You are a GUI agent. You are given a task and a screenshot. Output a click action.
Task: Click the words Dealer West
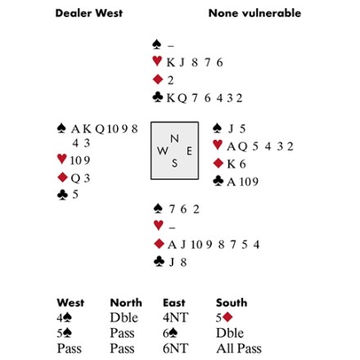pyautogui.click(x=89, y=13)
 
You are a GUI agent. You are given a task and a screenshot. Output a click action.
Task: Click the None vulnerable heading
pyautogui.click(x=254, y=13)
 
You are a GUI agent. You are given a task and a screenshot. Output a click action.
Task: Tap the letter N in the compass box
pyautogui.click(x=174, y=139)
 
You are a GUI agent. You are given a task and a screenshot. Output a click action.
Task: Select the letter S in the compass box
pyautogui.click(x=174, y=163)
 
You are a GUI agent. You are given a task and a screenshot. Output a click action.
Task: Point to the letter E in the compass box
pyautogui.click(x=189, y=151)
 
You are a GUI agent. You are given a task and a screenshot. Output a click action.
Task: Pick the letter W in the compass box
pyautogui.click(x=163, y=151)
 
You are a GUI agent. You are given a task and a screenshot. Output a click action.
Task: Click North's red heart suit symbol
pyautogui.click(x=157, y=61)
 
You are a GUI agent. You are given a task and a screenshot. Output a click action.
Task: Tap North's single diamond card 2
pyautogui.click(x=170, y=80)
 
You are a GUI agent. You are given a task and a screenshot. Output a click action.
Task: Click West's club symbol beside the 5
pyautogui.click(x=62, y=195)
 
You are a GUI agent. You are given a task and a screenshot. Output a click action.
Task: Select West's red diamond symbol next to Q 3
pyautogui.click(x=63, y=178)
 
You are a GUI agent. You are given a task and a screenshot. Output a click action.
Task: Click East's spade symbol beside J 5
pyautogui.click(x=217, y=128)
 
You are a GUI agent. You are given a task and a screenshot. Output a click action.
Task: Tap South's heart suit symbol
pyautogui.click(x=159, y=225)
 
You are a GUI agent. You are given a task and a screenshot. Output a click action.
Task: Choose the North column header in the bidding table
pyautogui.click(x=126, y=303)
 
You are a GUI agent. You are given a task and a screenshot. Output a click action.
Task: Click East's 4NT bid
pyautogui.click(x=176, y=317)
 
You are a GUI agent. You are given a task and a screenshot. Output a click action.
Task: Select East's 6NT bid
pyautogui.click(x=176, y=349)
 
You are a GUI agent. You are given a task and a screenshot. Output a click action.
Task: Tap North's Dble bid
pyautogui.click(x=124, y=317)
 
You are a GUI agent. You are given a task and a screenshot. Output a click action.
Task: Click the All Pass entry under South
pyautogui.click(x=239, y=349)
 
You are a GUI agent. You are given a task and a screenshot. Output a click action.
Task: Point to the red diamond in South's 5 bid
pyautogui.click(x=227, y=317)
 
